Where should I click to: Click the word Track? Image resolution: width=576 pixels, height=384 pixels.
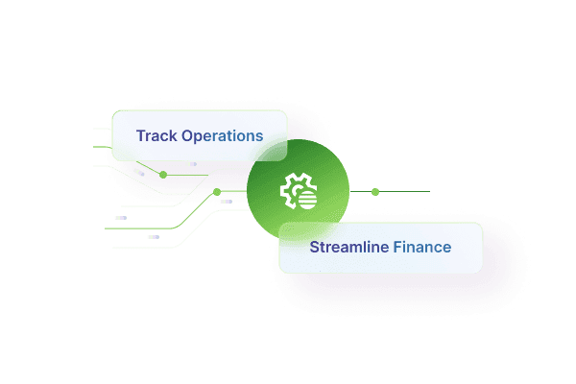coord(156,135)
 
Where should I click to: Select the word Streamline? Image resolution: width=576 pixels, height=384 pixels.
coord(348,247)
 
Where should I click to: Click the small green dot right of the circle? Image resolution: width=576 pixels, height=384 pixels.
coord(375,192)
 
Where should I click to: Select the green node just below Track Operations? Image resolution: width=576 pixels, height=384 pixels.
coord(163,175)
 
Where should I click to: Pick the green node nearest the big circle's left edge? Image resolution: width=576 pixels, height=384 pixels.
coord(217,192)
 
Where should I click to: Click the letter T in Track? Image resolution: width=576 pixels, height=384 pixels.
coord(140,135)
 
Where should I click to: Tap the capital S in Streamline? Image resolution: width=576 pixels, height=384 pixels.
coord(314,247)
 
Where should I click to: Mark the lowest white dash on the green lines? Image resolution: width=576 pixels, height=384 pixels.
coord(154,236)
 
